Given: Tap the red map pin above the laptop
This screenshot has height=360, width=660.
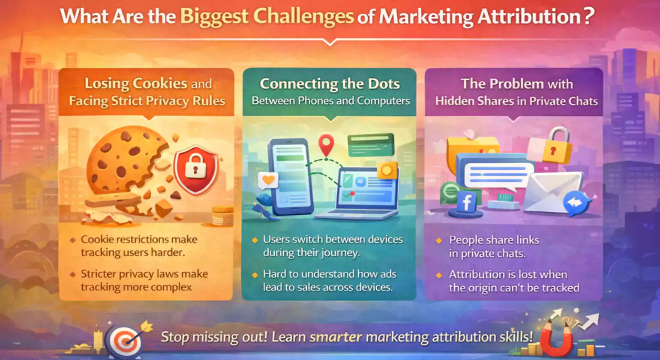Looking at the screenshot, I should point(326,145).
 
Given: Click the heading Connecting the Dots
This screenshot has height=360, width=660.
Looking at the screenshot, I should point(330,84).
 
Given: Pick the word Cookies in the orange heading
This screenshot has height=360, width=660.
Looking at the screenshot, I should point(160,83).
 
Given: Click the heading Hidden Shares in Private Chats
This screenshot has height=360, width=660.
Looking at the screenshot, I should point(516,101).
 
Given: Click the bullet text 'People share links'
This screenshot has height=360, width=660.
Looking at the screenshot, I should point(494,240).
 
